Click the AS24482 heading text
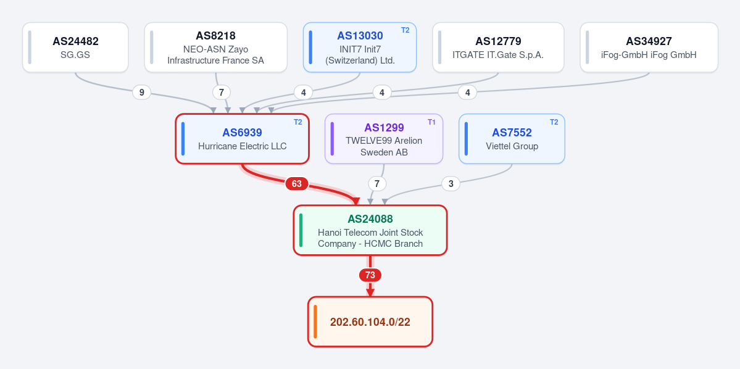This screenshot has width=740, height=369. (x=75, y=41)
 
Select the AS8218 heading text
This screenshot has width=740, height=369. (x=215, y=36)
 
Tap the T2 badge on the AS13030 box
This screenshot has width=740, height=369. (x=405, y=30)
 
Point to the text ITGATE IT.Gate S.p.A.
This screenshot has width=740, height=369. (x=498, y=55)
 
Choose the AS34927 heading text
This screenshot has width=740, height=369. (x=649, y=41)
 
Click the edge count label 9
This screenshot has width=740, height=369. (x=141, y=93)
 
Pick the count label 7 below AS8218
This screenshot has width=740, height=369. (x=222, y=93)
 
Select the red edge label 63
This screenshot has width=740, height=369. (x=296, y=183)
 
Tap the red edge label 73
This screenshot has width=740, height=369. (x=370, y=275)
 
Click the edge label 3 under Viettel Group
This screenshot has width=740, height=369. (x=451, y=183)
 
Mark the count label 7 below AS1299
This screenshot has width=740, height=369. (x=376, y=183)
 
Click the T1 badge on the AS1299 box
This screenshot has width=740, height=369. (x=432, y=122)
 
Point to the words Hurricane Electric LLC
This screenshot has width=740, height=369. (x=242, y=146)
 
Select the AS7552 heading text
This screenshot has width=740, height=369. (x=512, y=133)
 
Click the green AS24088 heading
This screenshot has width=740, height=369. (x=370, y=219)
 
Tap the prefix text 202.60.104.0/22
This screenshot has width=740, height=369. (x=370, y=322)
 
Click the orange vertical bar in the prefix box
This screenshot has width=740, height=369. (x=315, y=321)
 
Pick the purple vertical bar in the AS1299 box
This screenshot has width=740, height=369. (x=332, y=139)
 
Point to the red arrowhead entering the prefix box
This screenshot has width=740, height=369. (x=370, y=292)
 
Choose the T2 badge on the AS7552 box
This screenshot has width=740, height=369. (x=554, y=122)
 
